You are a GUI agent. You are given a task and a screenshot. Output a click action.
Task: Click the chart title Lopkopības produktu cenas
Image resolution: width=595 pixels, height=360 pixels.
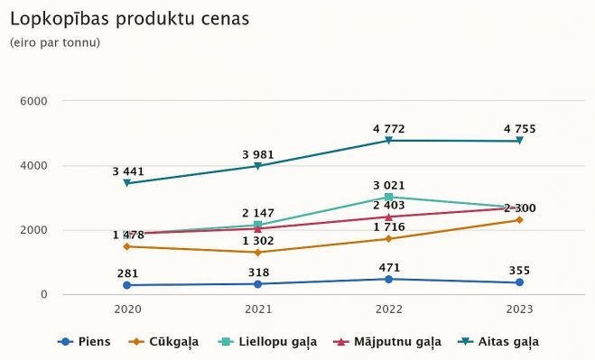(129, 18)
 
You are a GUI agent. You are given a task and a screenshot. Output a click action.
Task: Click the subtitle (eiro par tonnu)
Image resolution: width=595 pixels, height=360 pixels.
(54, 42)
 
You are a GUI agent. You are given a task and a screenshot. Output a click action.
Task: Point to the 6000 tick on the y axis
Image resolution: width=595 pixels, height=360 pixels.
(33, 101)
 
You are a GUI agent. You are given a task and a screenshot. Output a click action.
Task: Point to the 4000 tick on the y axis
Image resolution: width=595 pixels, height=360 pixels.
(33, 166)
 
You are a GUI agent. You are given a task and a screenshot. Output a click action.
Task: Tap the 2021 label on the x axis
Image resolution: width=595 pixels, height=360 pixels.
(257, 309)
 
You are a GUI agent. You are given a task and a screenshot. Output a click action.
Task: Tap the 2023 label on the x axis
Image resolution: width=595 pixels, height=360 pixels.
(519, 309)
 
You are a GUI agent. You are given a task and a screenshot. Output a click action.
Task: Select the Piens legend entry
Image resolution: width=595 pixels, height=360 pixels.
(87, 342)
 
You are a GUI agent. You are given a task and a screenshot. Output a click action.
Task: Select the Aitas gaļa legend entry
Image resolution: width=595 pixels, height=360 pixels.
(498, 342)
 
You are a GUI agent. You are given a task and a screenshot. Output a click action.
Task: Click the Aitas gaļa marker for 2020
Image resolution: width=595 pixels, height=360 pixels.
(127, 183)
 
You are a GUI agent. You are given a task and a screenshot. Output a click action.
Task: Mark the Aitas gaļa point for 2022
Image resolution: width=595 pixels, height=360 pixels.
(388, 141)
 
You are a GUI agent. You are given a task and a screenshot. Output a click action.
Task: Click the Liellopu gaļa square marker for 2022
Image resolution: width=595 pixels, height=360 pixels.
(388, 197)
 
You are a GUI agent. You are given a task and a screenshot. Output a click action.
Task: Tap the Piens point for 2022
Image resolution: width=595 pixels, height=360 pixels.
(388, 279)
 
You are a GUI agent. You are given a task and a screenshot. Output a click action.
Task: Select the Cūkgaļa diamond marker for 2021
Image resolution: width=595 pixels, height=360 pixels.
(257, 253)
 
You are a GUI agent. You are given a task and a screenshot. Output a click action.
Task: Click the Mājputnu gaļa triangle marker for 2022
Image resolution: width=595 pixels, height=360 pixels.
(388, 217)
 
